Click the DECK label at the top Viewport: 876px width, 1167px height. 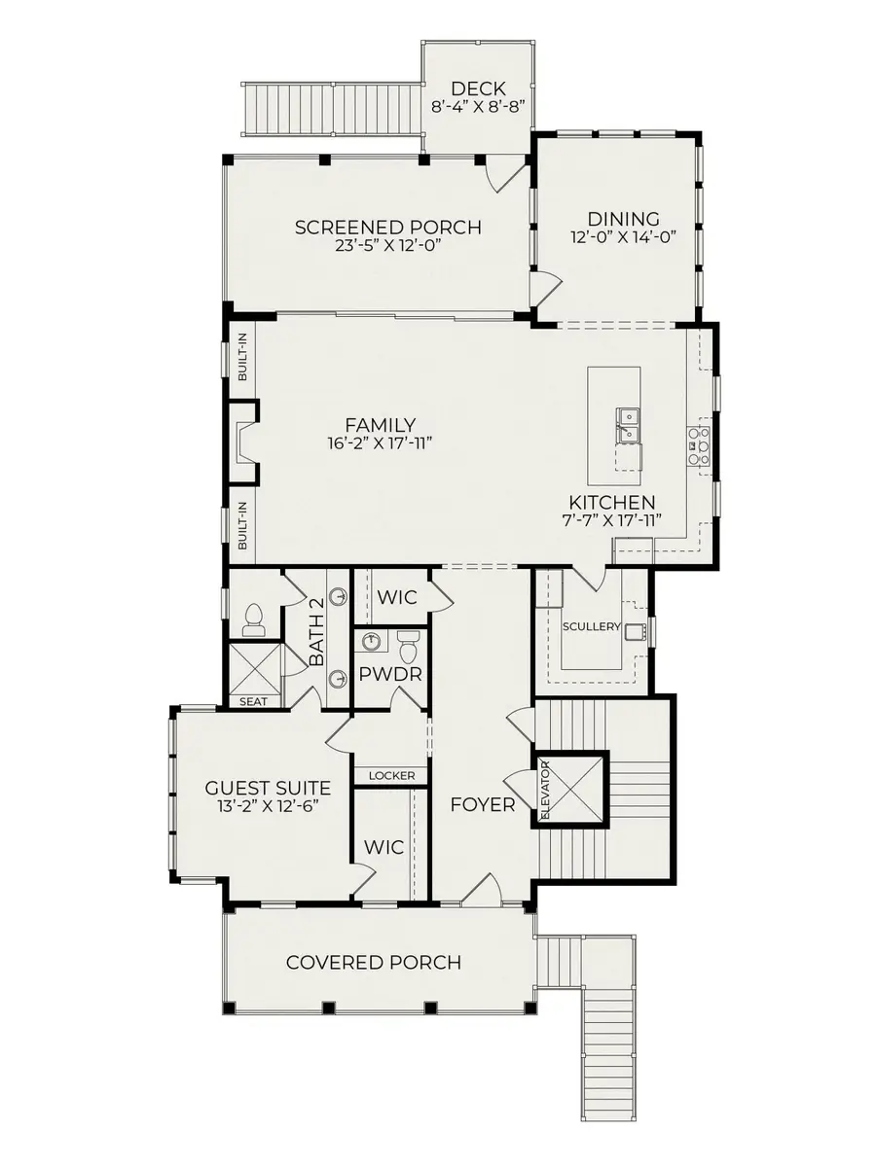pyautogui.click(x=478, y=89)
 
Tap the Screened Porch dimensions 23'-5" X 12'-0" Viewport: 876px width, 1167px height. pyautogui.click(x=387, y=247)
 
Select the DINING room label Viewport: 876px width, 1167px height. pyautogui.click(x=623, y=219)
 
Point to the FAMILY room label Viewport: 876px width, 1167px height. pyautogui.click(x=380, y=425)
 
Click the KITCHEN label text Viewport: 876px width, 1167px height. pyautogui.click(x=612, y=502)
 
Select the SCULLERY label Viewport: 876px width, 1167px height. pyautogui.click(x=592, y=626)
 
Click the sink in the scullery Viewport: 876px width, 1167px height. pyautogui.click(x=639, y=631)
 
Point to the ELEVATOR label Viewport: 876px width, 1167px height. pyautogui.click(x=545, y=788)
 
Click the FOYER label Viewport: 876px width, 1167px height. pyautogui.click(x=482, y=804)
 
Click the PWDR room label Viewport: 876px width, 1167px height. pyautogui.click(x=389, y=672)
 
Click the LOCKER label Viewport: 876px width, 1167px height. pyautogui.click(x=390, y=775)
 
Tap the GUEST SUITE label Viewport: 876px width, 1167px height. pyautogui.click(x=268, y=788)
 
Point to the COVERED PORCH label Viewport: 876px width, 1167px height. pyautogui.click(x=373, y=963)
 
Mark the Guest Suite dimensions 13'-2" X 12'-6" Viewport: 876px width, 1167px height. pyautogui.click(x=268, y=806)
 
